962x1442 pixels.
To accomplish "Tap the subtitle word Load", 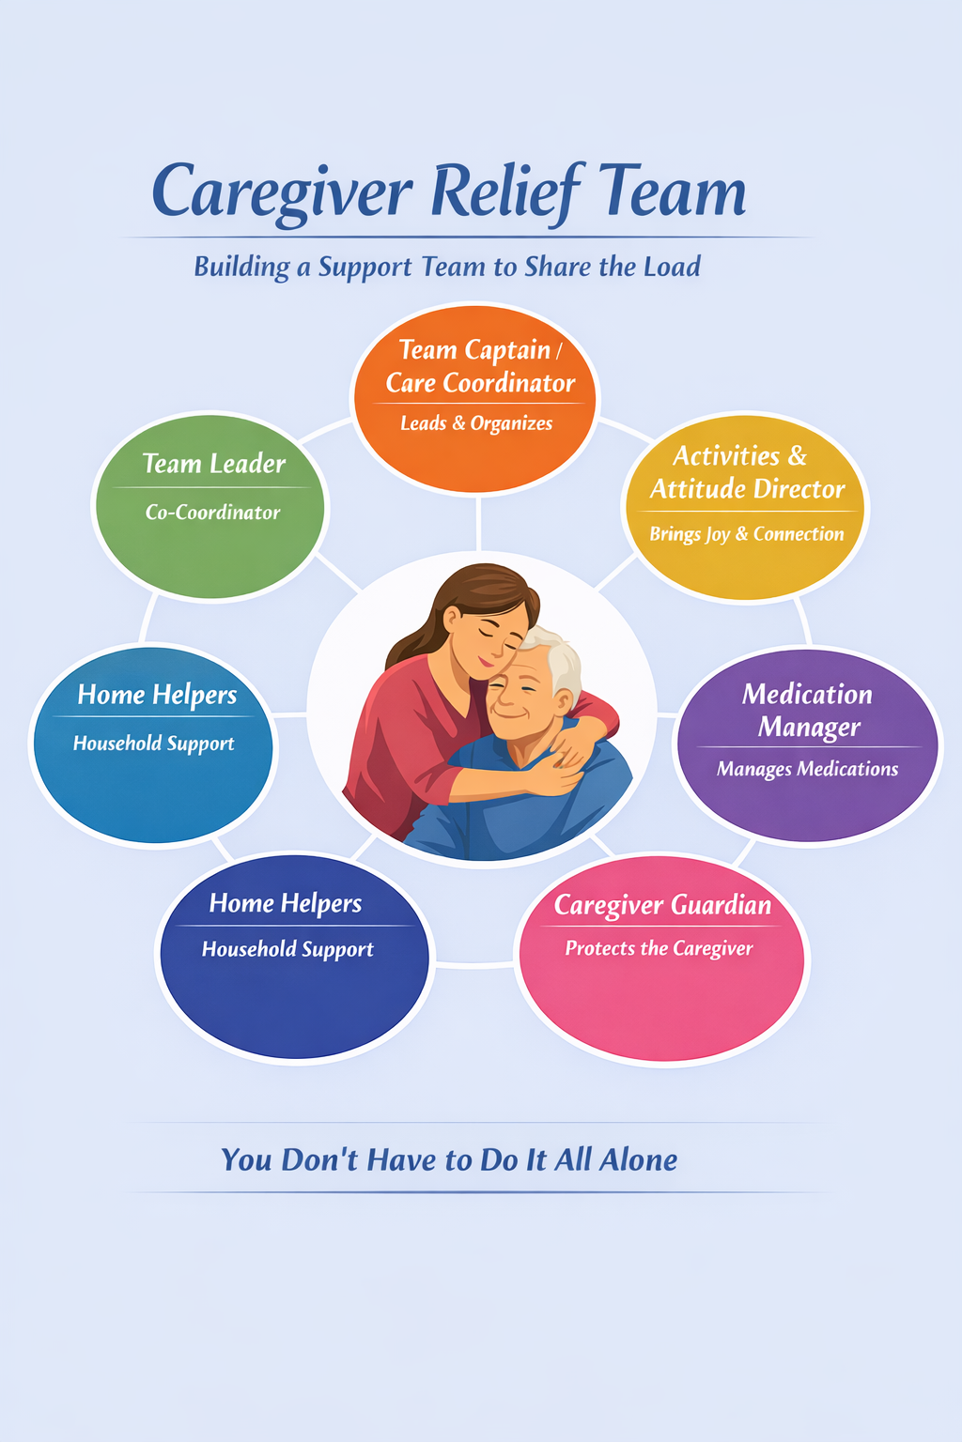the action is pyautogui.click(x=672, y=267).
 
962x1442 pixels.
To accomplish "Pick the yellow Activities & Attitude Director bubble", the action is pyautogui.click(x=746, y=507).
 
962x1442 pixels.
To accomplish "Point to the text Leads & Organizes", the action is pyautogui.click(x=476, y=423).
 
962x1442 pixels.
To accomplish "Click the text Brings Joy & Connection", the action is pyautogui.click(x=747, y=534).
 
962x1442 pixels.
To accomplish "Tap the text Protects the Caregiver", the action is pyautogui.click(x=659, y=948).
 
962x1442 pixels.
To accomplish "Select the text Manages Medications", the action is pyautogui.click(x=808, y=769).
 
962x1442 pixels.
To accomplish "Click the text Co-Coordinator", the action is pyautogui.click(x=212, y=513).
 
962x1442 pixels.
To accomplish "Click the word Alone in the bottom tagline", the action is pyautogui.click(x=638, y=1160).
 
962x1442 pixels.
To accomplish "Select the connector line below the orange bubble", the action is pyautogui.click(x=478, y=522).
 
